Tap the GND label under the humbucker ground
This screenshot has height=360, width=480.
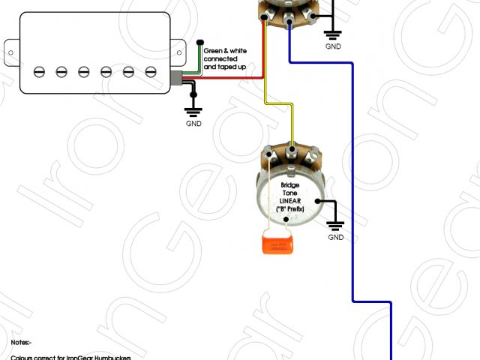click(x=193, y=124)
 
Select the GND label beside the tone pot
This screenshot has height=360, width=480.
click(x=336, y=238)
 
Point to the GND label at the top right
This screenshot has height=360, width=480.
click(x=333, y=46)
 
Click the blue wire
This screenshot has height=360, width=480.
click(x=352, y=187)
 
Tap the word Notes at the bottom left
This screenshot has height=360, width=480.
click(x=20, y=342)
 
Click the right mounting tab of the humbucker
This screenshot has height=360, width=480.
click(x=181, y=50)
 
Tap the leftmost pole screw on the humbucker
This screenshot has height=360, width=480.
click(x=39, y=71)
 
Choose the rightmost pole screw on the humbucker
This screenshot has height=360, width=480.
click(x=151, y=71)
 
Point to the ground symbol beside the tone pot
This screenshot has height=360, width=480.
click(x=336, y=223)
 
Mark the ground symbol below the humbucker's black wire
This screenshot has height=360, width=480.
click(x=193, y=109)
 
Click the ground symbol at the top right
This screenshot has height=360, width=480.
click(x=332, y=33)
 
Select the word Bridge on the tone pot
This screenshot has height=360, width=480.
click(x=290, y=184)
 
